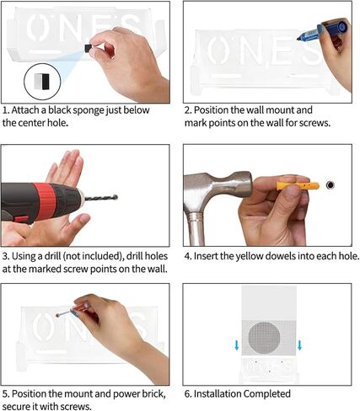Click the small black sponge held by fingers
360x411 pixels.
89,48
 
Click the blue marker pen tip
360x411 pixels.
298,38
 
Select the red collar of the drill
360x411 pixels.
46,200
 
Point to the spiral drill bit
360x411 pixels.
101,198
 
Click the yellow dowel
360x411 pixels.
298,185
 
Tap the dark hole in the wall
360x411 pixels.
330,185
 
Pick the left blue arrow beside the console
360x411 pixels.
237,345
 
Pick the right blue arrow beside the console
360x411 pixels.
299,345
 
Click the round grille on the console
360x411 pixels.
264,339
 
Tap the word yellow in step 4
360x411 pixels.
250,256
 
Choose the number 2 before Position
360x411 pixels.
187,110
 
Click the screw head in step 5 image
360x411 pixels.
57,316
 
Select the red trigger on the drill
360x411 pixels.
22,219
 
